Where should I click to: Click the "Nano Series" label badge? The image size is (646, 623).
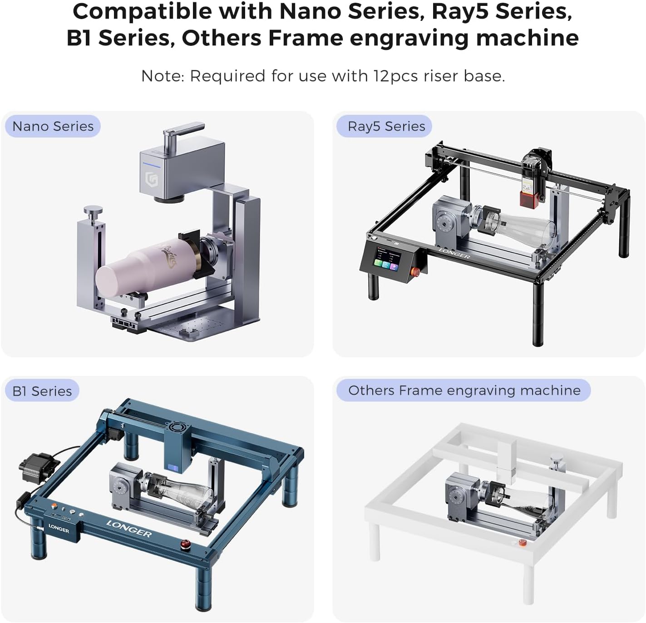coord(53,127)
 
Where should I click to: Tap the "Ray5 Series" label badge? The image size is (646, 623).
coord(384,127)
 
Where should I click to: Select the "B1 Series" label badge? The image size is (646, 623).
coord(42,391)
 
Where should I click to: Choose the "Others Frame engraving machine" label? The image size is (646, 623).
coord(464,391)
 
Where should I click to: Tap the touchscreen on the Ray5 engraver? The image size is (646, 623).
coord(387,259)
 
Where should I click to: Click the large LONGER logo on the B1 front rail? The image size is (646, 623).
coord(129,529)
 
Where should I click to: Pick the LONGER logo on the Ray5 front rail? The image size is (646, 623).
coord(454,254)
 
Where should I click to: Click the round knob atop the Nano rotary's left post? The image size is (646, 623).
coord(93,211)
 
